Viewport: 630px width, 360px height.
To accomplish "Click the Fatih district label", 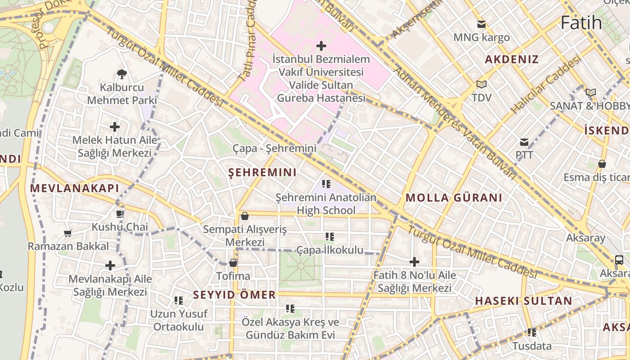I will [x=581, y=22].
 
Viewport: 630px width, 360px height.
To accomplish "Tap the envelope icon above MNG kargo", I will [x=481, y=24].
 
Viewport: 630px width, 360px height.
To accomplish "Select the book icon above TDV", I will [x=481, y=84].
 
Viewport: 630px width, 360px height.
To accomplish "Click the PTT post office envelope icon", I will [x=524, y=142].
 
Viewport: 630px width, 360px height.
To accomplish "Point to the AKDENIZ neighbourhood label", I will [x=512, y=59].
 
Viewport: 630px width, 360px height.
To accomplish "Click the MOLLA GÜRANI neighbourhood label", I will [x=454, y=198].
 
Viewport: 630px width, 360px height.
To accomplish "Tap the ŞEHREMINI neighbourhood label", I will [x=262, y=172].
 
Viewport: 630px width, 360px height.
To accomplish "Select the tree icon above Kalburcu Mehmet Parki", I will [x=121, y=74].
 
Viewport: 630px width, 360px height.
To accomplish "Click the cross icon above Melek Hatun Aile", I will [x=115, y=127].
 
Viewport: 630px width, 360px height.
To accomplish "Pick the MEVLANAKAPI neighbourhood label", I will [x=74, y=188].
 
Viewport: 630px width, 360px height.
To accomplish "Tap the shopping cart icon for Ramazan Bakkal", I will [x=68, y=233].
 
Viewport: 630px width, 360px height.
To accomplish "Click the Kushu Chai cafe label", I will [x=120, y=227].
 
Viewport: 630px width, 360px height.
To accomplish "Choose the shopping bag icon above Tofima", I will [x=233, y=262].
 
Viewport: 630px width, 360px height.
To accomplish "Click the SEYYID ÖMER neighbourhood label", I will [x=234, y=295].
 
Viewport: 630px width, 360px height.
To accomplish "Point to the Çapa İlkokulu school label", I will [x=329, y=250].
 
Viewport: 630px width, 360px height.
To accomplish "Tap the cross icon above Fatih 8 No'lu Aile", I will [x=414, y=261].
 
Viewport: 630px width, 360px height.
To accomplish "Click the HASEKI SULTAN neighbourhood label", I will [x=523, y=301].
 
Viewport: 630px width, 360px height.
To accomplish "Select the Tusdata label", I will [x=532, y=346].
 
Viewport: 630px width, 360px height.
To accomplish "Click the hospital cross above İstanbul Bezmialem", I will [x=321, y=46].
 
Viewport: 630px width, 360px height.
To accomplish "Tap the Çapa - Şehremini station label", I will [x=274, y=148].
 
